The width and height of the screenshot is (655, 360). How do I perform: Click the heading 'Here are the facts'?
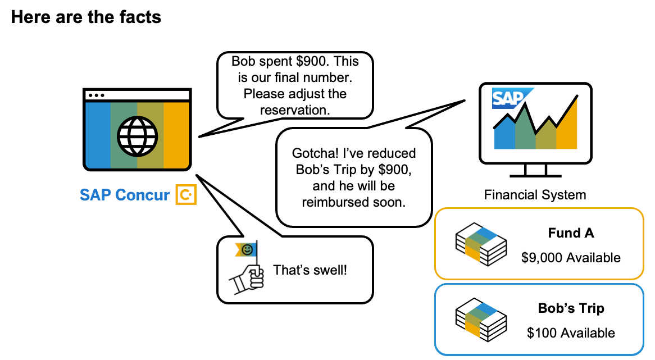pyautogui.click(x=86, y=17)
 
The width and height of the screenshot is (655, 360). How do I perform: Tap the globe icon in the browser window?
pyautogui.click(x=137, y=134)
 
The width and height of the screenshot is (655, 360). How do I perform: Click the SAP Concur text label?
pyautogui.click(x=124, y=195)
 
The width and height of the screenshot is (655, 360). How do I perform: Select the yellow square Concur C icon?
pyautogui.click(x=186, y=194)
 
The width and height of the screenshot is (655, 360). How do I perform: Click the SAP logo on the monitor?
pyautogui.click(x=508, y=98)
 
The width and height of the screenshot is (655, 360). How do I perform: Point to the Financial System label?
pyautogui.click(x=535, y=195)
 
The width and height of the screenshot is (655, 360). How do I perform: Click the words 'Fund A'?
pyautogui.click(x=571, y=233)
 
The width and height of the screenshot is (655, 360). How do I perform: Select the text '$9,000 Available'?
pyautogui.click(x=571, y=258)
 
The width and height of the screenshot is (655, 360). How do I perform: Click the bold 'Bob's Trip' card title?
pyautogui.click(x=571, y=308)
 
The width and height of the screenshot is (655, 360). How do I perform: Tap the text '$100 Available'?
pyautogui.click(x=571, y=332)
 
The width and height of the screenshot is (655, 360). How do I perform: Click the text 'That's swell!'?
pyautogui.click(x=310, y=270)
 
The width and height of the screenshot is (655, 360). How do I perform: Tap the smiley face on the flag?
pyautogui.click(x=247, y=249)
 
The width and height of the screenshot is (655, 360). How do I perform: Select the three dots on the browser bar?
pyautogui.click(x=96, y=95)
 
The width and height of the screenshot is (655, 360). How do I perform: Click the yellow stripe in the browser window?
pyautogui.click(x=176, y=135)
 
